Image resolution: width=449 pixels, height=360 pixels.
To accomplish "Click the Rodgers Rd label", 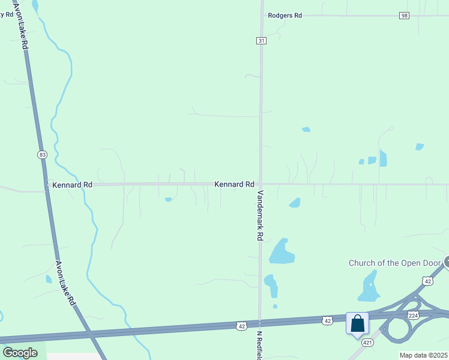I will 285,16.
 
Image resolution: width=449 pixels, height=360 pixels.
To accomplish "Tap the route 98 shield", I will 404,16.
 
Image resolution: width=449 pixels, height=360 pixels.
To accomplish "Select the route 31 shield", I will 261,40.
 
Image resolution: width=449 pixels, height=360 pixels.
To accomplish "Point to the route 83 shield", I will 42,155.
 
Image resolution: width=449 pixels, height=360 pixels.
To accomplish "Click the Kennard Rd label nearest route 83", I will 72,185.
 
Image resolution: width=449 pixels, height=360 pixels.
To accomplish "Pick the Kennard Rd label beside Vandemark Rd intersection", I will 234,184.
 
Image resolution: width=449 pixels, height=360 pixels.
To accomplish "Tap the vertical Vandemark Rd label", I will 261,215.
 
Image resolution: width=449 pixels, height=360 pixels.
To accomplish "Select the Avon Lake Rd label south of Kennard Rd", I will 65,283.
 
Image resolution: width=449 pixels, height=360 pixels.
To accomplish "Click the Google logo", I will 20,353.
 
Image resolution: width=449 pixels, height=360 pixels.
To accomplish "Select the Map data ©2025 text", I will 423,355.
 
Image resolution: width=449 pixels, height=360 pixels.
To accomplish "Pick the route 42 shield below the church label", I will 427,280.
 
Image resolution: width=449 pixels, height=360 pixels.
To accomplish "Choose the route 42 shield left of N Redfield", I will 241,326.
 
